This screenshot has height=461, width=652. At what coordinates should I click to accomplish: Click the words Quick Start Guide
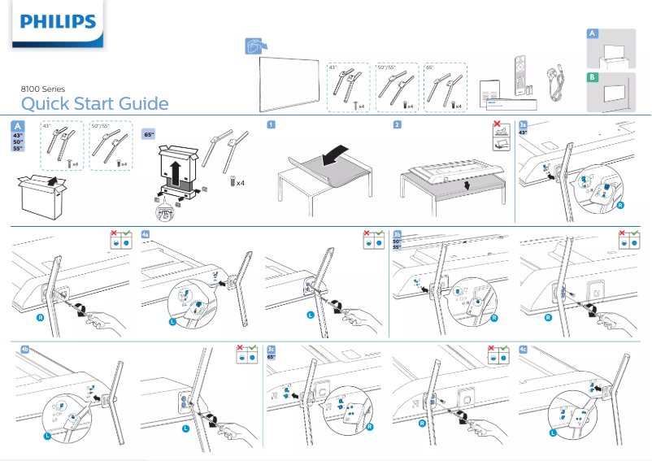[94, 104]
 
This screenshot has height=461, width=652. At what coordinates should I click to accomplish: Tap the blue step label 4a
[145, 233]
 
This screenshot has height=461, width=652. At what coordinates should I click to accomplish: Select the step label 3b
[398, 234]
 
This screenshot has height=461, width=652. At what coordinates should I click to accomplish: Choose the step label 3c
[272, 349]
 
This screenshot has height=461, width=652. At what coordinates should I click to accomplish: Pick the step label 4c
[523, 349]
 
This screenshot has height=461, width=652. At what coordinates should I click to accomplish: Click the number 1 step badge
[271, 124]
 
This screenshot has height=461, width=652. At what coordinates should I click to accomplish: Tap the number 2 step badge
[397, 124]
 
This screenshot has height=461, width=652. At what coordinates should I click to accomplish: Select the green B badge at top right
[593, 77]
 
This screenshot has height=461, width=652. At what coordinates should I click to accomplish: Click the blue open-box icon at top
[256, 46]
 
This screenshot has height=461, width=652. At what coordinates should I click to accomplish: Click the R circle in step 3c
[370, 428]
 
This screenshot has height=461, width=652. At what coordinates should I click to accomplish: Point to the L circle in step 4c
[553, 433]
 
